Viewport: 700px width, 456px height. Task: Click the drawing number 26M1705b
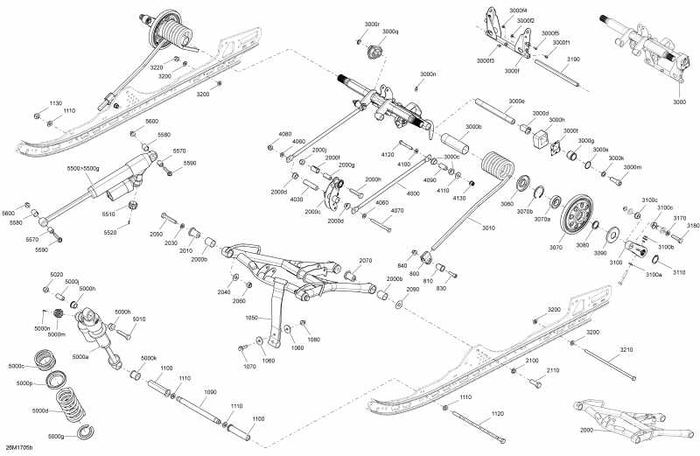(18, 448)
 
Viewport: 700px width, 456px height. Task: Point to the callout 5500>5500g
(83, 167)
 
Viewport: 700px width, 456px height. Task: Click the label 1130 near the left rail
(55, 102)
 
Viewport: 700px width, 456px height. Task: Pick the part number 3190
(573, 59)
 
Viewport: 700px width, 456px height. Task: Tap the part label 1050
(253, 318)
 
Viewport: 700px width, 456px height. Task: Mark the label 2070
(365, 260)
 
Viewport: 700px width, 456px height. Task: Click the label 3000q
(390, 32)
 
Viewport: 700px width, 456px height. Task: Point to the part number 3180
(693, 226)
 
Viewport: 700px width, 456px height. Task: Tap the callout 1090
(210, 392)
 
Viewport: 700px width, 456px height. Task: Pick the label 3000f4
(518, 10)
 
